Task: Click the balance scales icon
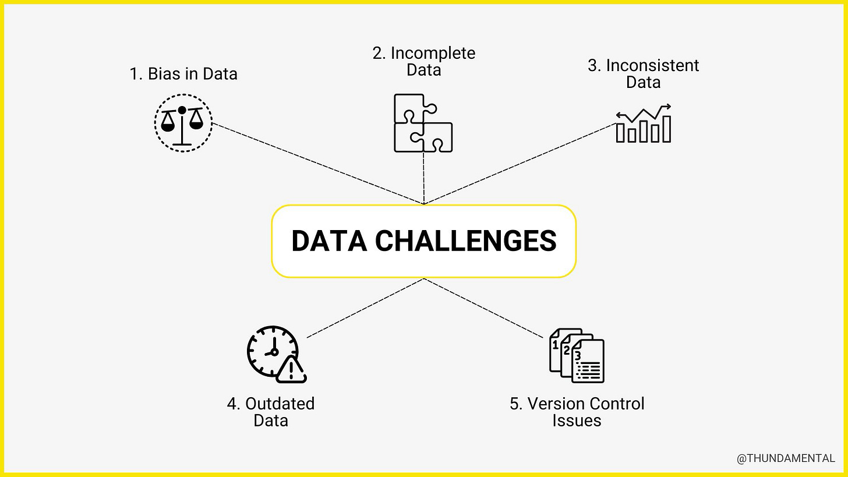pyautogui.click(x=183, y=123)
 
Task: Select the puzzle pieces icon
pyautogui.click(x=423, y=123)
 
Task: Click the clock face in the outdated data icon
pyautogui.click(x=271, y=350)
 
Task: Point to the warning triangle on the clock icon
pyautogui.click(x=291, y=370)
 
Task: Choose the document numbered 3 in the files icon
pyautogui.click(x=588, y=362)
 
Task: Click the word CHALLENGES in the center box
pyautogui.click(x=465, y=241)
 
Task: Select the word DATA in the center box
pyautogui.click(x=328, y=241)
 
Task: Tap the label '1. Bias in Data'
pyautogui.click(x=183, y=74)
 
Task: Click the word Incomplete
pyautogui.click(x=433, y=53)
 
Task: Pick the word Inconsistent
pyautogui.click(x=652, y=65)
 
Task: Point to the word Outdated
pyautogui.click(x=280, y=404)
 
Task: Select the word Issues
pyautogui.click(x=577, y=421)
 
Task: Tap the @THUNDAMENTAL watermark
pyautogui.click(x=786, y=459)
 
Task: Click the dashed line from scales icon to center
pyautogui.click(x=317, y=163)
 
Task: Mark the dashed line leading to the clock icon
pyautogui.click(x=365, y=308)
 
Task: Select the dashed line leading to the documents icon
pyautogui.click(x=483, y=308)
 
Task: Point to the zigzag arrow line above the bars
pyautogui.click(x=644, y=112)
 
